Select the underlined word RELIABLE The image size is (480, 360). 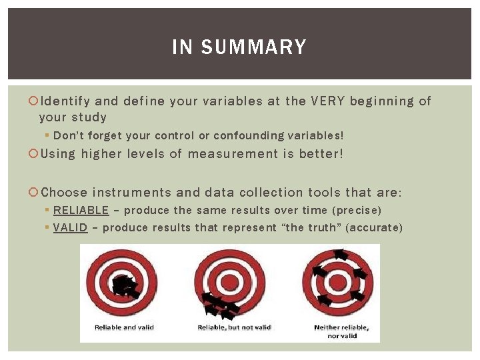(81, 210)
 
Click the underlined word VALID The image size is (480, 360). (70, 227)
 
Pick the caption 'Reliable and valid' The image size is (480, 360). (125, 327)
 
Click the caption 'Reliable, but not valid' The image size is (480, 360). (234, 327)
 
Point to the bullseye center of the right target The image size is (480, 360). (338, 279)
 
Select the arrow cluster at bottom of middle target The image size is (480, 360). (220, 307)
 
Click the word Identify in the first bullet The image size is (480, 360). (65, 101)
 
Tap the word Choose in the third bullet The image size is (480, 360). (64, 193)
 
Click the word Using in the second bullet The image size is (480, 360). (58, 154)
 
